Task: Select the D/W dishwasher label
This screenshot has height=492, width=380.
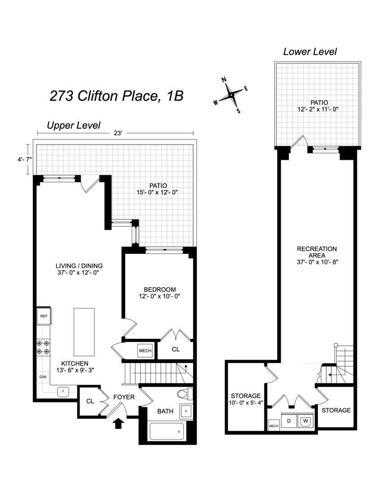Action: point(43,377)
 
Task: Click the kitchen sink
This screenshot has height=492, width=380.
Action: point(63,391)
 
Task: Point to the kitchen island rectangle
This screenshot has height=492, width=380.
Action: point(84,332)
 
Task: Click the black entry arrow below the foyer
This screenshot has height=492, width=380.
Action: point(118,423)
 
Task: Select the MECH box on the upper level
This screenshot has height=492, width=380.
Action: point(145,350)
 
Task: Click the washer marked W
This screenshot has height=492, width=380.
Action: point(306,421)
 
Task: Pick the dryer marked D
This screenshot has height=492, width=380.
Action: point(289,421)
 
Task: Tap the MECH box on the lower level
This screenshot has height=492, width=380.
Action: point(273,426)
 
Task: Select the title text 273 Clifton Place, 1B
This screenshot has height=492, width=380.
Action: point(117,95)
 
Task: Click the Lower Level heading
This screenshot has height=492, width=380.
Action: point(310,52)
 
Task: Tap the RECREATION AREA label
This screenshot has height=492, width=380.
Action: point(317,252)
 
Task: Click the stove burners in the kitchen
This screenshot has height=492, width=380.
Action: point(43,346)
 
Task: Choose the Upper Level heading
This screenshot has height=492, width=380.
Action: point(73,125)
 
